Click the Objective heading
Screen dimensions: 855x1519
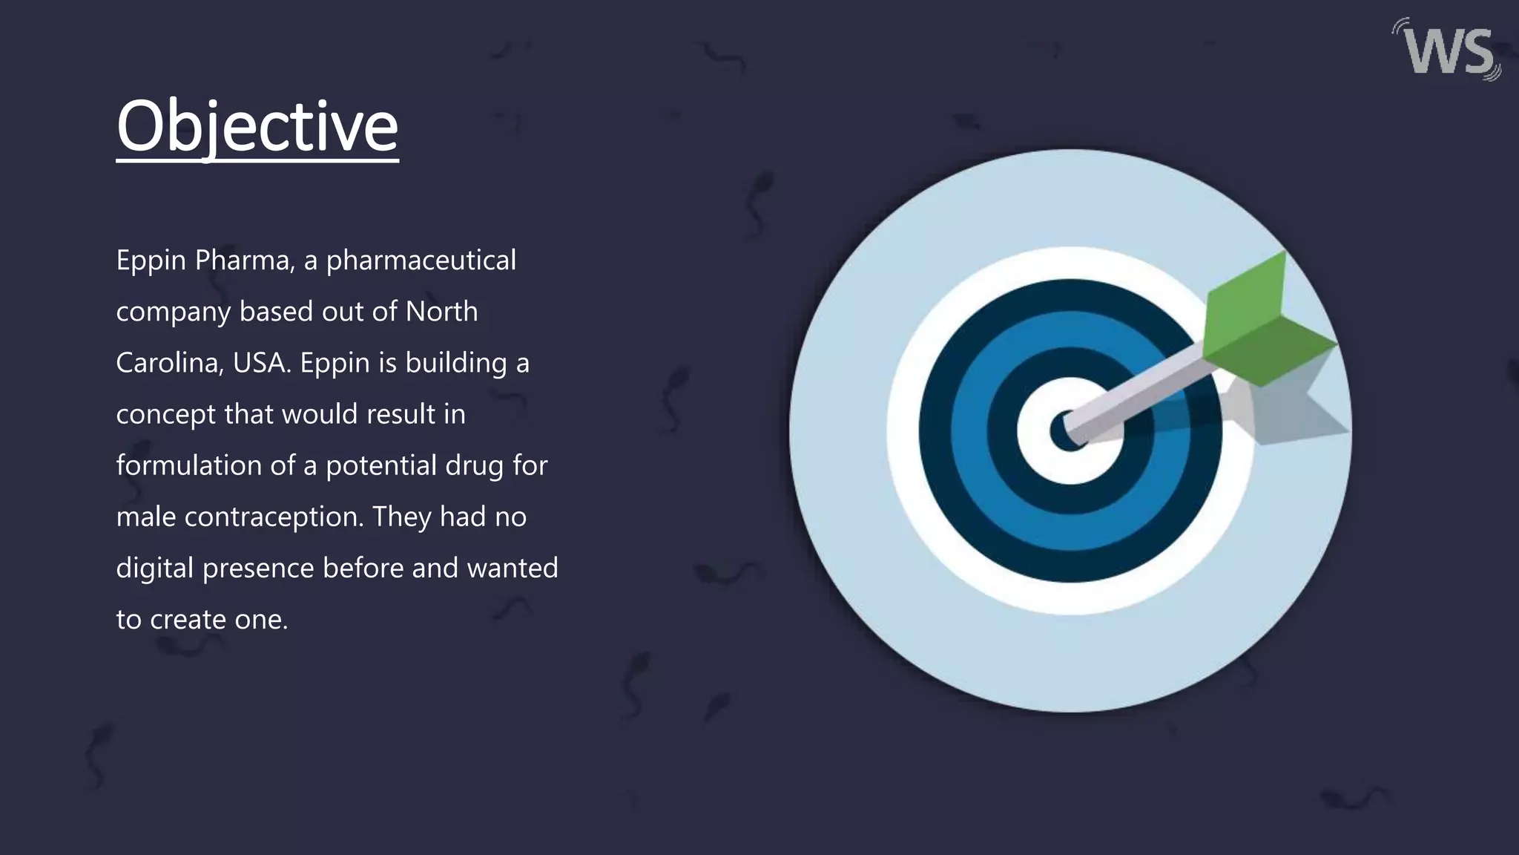coord(257,126)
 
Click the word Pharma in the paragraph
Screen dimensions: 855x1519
coord(242,261)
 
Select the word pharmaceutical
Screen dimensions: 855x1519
coord(421,261)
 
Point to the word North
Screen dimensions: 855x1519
coord(441,312)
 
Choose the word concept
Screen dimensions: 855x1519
coord(165,415)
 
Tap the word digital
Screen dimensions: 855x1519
coord(154,569)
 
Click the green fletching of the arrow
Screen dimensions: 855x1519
coord(1261,319)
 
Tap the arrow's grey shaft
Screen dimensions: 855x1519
coord(1142,393)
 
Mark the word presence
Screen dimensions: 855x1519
coord(258,569)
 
